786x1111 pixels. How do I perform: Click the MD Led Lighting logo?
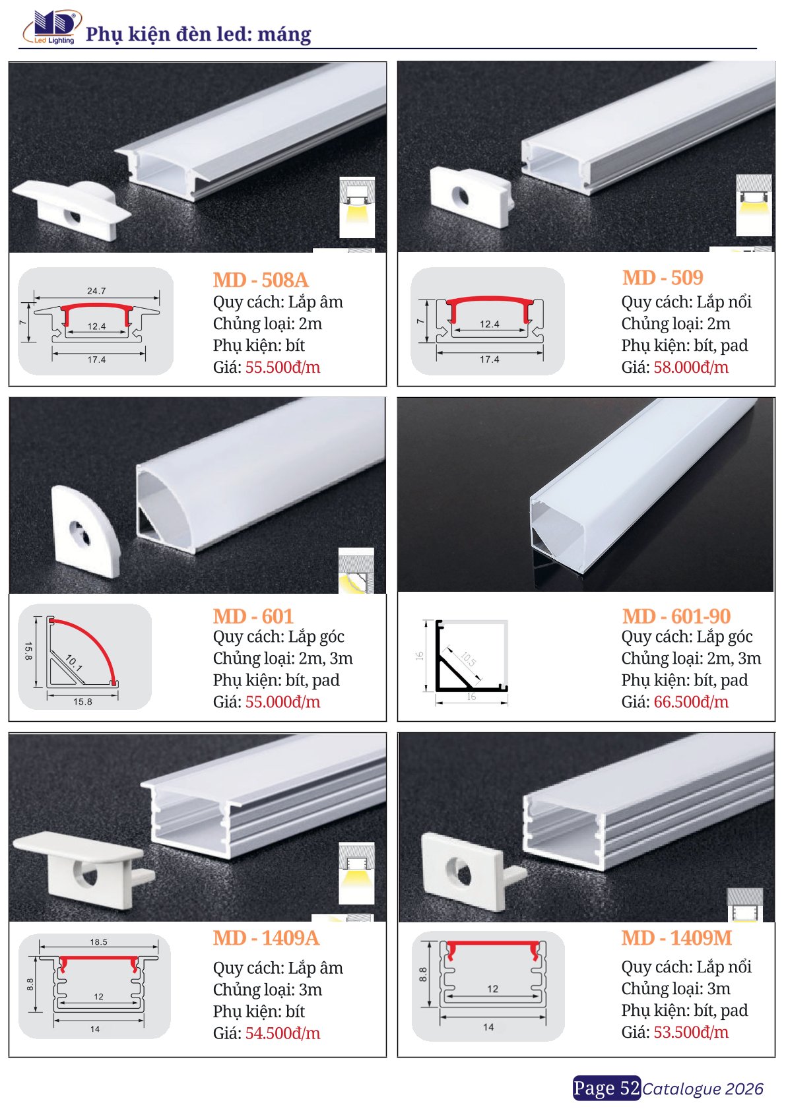click(x=51, y=28)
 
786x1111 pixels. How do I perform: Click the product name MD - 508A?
click(x=261, y=280)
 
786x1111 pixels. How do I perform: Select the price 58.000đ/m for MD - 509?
click(x=691, y=367)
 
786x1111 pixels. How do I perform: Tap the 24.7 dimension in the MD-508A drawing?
click(x=96, y=291)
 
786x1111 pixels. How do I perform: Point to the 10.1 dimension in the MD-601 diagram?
click(x=73, y=662)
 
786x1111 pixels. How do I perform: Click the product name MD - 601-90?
click(x=676, y=616)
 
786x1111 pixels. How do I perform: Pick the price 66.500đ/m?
click(x=691, y=702)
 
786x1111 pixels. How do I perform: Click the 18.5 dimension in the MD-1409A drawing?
click(x=98, y=942)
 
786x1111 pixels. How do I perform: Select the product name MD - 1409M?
click(x=677, y=938)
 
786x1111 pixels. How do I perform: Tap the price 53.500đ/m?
click(x=691, y=1032)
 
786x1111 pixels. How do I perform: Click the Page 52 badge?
click(x=606, y=1088)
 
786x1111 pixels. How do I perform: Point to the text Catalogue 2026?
click(x=703, y=1089)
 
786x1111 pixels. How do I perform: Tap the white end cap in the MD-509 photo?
click(x=470, y=197)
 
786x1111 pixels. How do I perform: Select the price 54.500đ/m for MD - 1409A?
click(x=282, y=1033)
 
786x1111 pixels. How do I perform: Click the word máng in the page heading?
click(x=284, y=35)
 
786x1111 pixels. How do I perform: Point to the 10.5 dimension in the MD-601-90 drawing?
click(x=468, y=660)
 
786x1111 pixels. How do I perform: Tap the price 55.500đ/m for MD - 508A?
click(x=282, y=367)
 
